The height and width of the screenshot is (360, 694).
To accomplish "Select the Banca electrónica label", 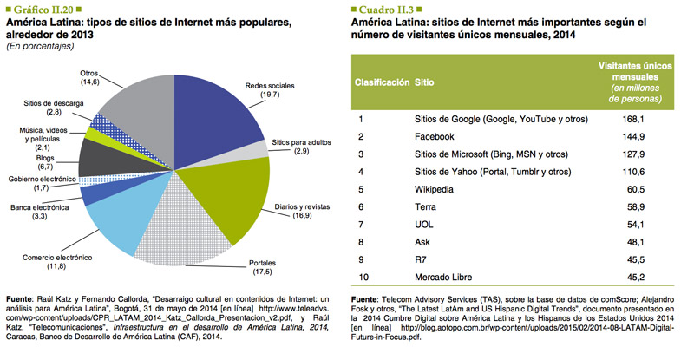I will pyautogui.click(x=39, y=209).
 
